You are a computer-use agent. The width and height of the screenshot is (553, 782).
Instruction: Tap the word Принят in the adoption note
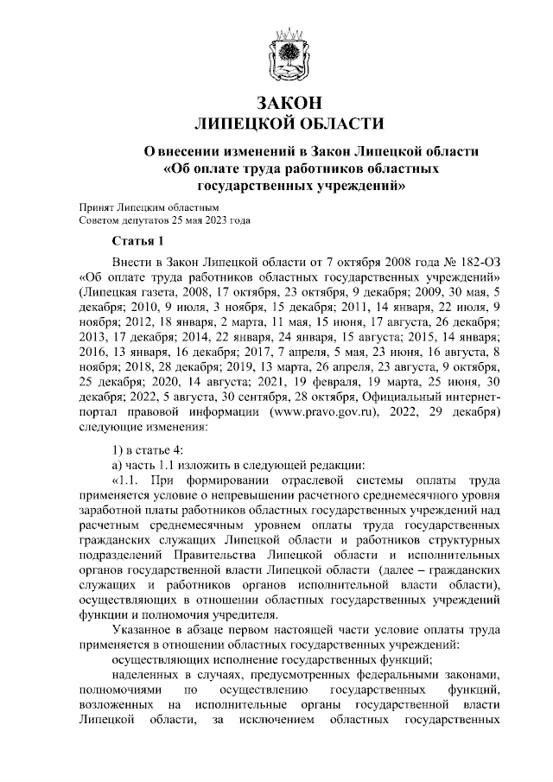[x=95, y=208]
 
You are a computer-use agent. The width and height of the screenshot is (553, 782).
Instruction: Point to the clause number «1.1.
[x=126, y=477]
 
